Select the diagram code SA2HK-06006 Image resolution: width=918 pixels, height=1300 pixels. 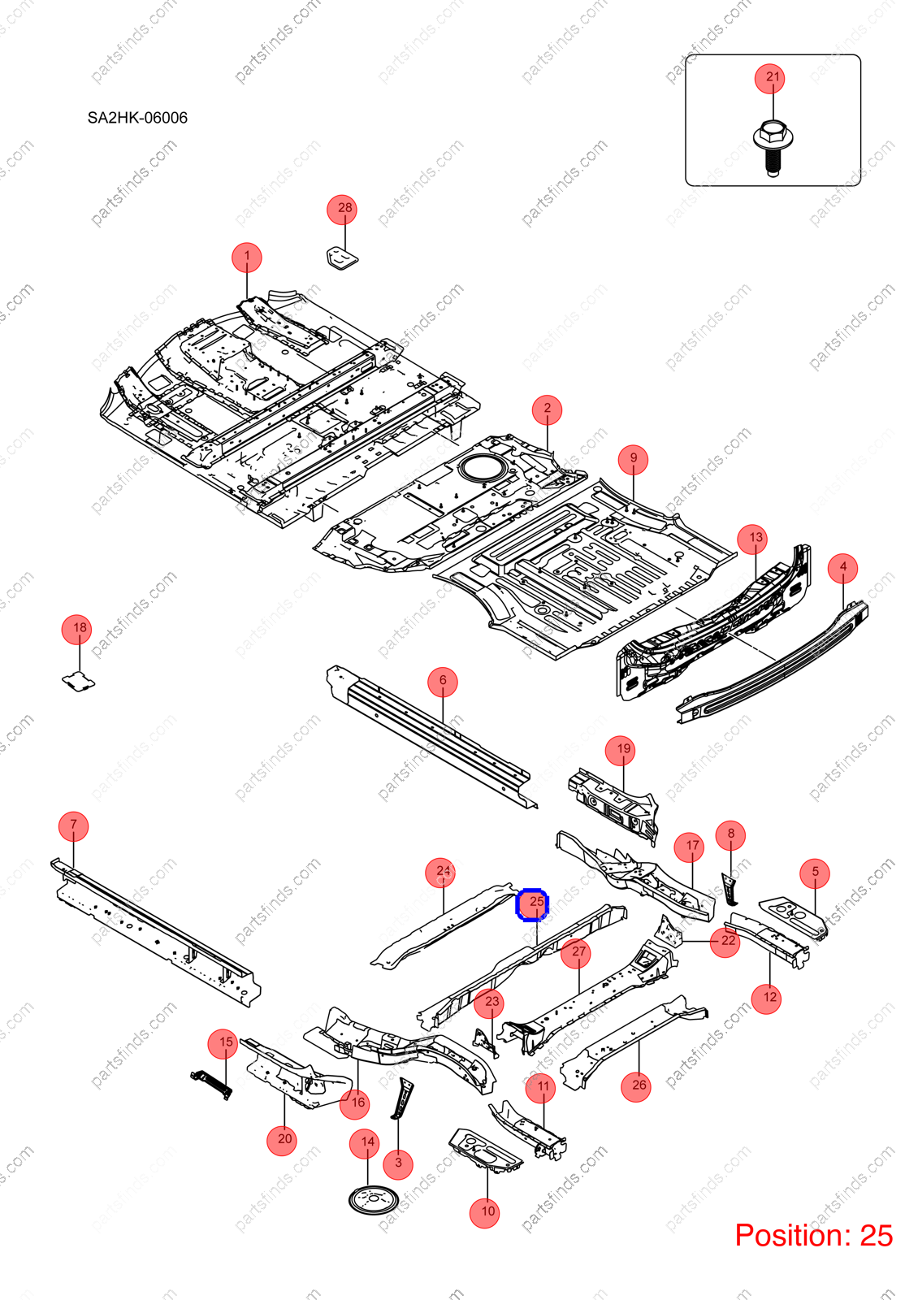point(137,118)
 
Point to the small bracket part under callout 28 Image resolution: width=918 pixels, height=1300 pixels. point(342,258)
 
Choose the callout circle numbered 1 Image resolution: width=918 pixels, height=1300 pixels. point(247,258)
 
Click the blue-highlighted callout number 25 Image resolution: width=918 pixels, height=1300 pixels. point(532,904)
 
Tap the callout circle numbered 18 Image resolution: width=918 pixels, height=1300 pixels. point(76,630)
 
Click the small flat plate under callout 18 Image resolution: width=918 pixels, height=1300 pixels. point(78,681)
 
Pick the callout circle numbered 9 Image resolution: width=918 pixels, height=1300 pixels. point(633,460)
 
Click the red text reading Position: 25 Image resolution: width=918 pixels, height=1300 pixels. point(813,1235)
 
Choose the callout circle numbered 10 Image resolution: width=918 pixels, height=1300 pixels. point(484,1213)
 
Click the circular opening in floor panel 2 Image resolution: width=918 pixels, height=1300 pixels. point(483,468)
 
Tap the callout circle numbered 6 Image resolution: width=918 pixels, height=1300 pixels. point(443,682)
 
